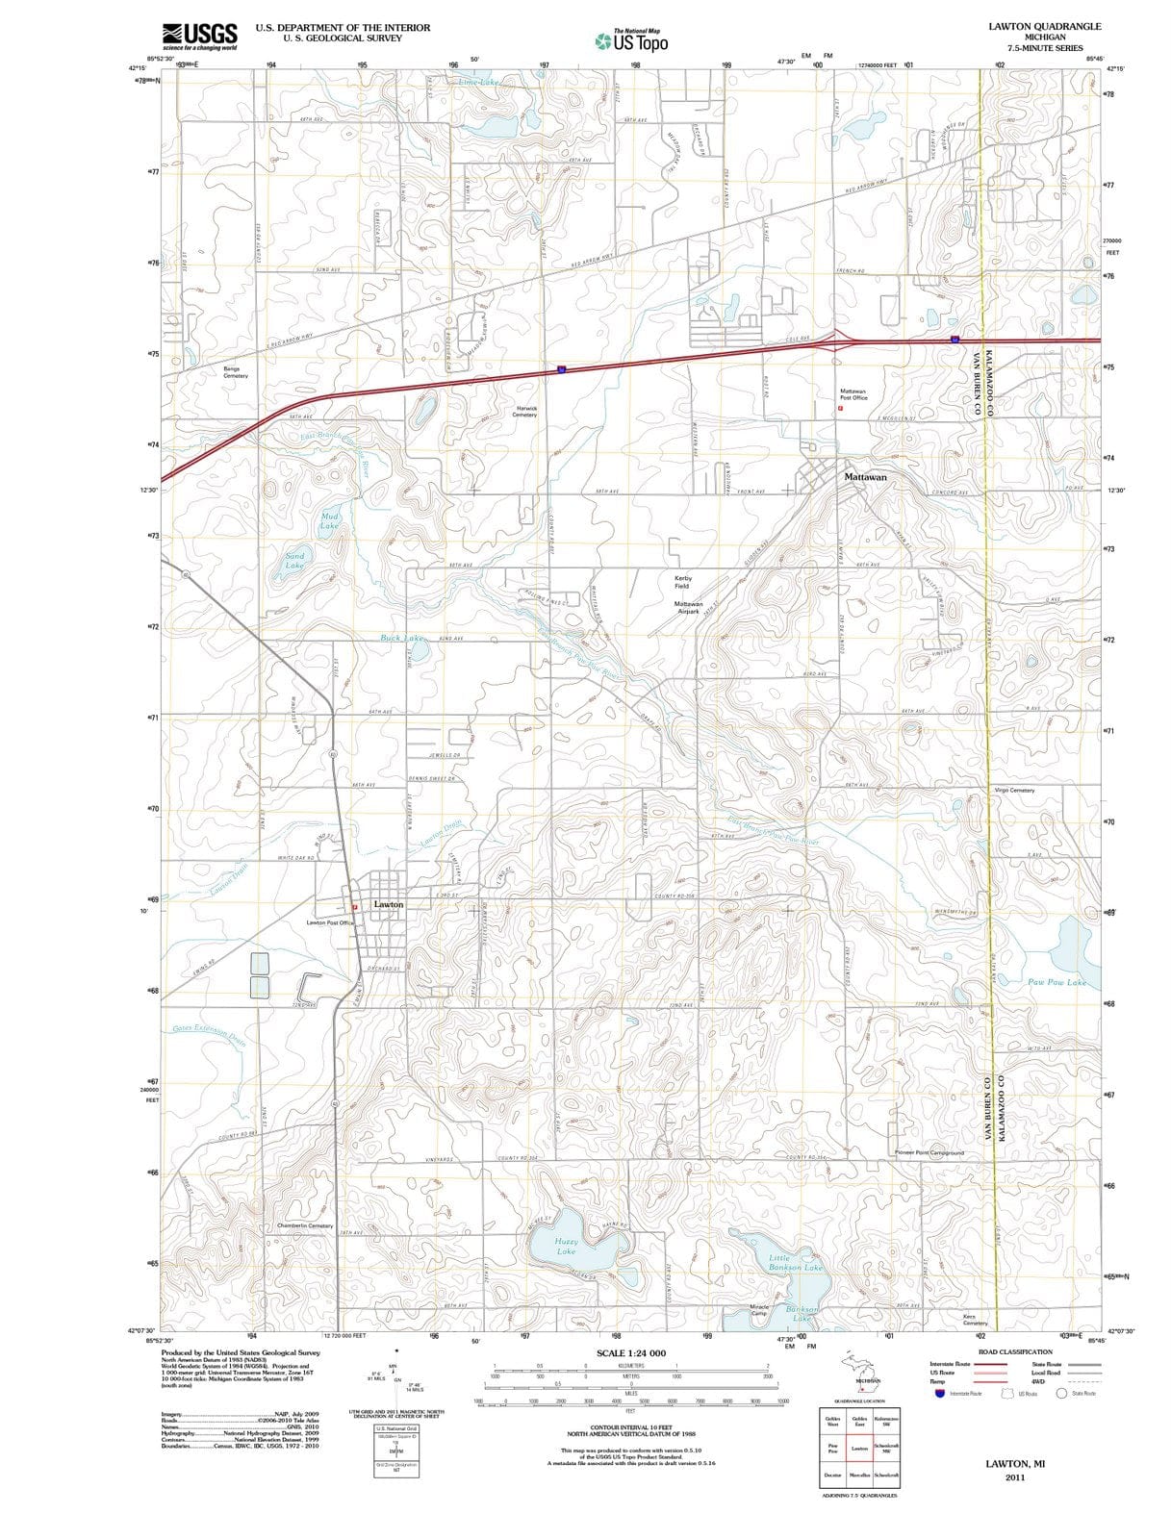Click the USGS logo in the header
pyautogui.click(x=199, y=36)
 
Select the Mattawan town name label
pyautogui.click(x=865, y=477)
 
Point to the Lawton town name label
pyautogui.click(x=389, y=904)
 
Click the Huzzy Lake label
pyautogui.click(x=566, y=1247)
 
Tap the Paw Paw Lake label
pyautogui.click(x=1056, y=982)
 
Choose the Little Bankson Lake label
pyautogui.click(x=796, y=1263)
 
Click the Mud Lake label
pyautogui.click(x=329, y=521)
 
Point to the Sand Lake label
pyautogui.click(x=294, y=561)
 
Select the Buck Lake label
pyautogui.click(x=401, y=638)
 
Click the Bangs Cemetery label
pyautogui.click(x=236, y=372)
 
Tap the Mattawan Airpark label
pyautogui.click(x=688, y=608)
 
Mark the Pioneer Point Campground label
pyautogui.click(x=929, y=1152)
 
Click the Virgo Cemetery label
pyautogui.click(x=1014, y=791)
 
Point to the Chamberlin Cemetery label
pyautogui.click(x=305, y=1225)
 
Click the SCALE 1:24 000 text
pyautogui.click(x=630, y=1353)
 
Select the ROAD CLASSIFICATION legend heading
pyautogui.click(x=1014, y=1351)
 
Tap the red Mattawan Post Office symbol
pyautogui.click(x=840, y=408)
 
